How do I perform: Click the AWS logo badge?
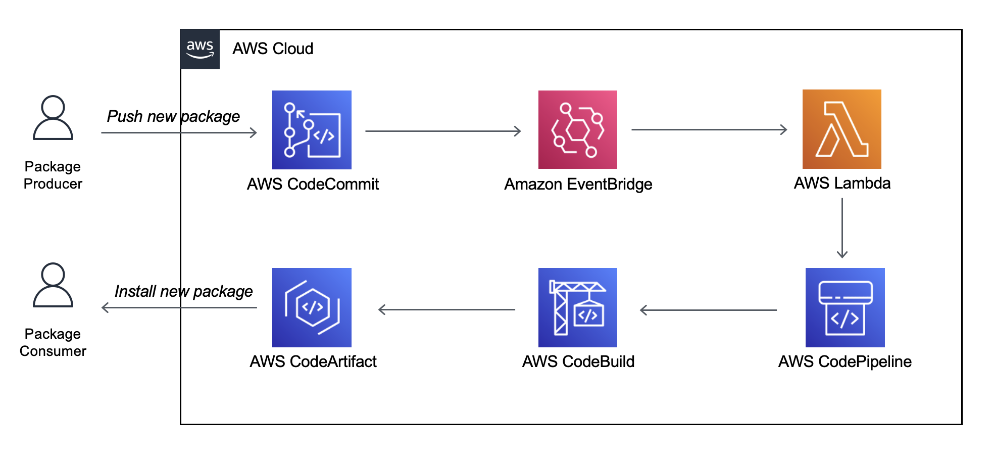pos(200,49)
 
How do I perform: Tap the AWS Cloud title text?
pos(273,49)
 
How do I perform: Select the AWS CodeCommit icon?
pos(312,130)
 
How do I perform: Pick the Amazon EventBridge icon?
pos(578,129)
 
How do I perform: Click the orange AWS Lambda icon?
pos(842,129)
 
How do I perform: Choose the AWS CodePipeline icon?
pos(845,307)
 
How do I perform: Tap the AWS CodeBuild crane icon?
pos(578,307)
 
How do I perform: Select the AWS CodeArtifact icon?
pos(312,307)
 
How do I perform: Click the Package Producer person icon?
pos(53,117)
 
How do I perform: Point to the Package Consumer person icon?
pos(53,285)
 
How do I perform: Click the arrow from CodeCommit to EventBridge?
pos(443,131)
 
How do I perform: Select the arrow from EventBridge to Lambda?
pos(709,129)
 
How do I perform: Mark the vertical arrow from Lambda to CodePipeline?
pos(842,228)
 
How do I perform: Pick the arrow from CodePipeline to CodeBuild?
pos(708,310)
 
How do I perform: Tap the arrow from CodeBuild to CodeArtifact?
pos(447,309)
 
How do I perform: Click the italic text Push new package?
pos(173,116)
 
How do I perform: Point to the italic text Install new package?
pos(183,291)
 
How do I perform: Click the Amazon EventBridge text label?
pos(578,184)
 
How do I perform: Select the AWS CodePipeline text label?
pos(845,361)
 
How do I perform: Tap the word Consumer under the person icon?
pos(53,351)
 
